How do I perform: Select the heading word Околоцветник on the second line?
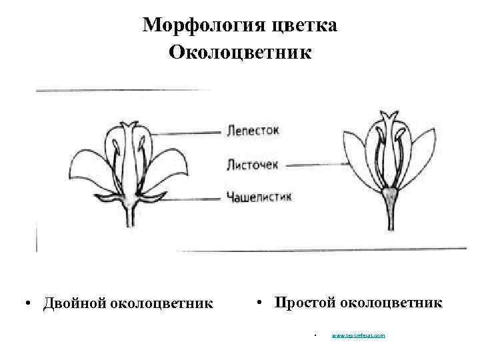(240, 51)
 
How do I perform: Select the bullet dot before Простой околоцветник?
(259, 303)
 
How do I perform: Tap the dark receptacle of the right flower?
(389, 195)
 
